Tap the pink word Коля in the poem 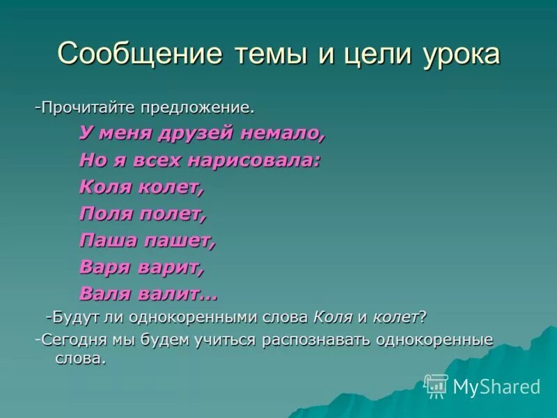click(x=104, y=187)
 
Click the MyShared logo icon click(x=436, y=385)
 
